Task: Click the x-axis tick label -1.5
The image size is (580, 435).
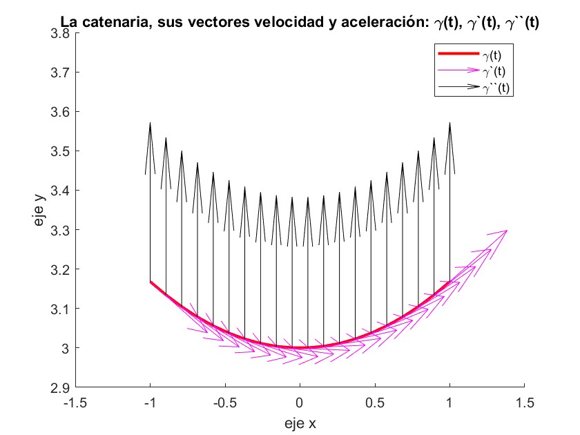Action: click(75, 402)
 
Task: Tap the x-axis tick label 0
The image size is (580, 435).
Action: click(300, 402)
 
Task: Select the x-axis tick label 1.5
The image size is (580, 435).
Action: click(525, 402)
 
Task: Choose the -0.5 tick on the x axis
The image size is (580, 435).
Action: click(224, 402)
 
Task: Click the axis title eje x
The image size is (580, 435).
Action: click(300, 420)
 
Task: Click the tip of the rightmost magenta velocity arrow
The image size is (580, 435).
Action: click(508, 230)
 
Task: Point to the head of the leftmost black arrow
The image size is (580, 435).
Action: click(150, 124)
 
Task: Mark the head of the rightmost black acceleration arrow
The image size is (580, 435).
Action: click(449, 124)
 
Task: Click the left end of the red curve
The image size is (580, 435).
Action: click(150, 282)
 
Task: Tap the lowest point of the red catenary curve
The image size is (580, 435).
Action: click(300, 347)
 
